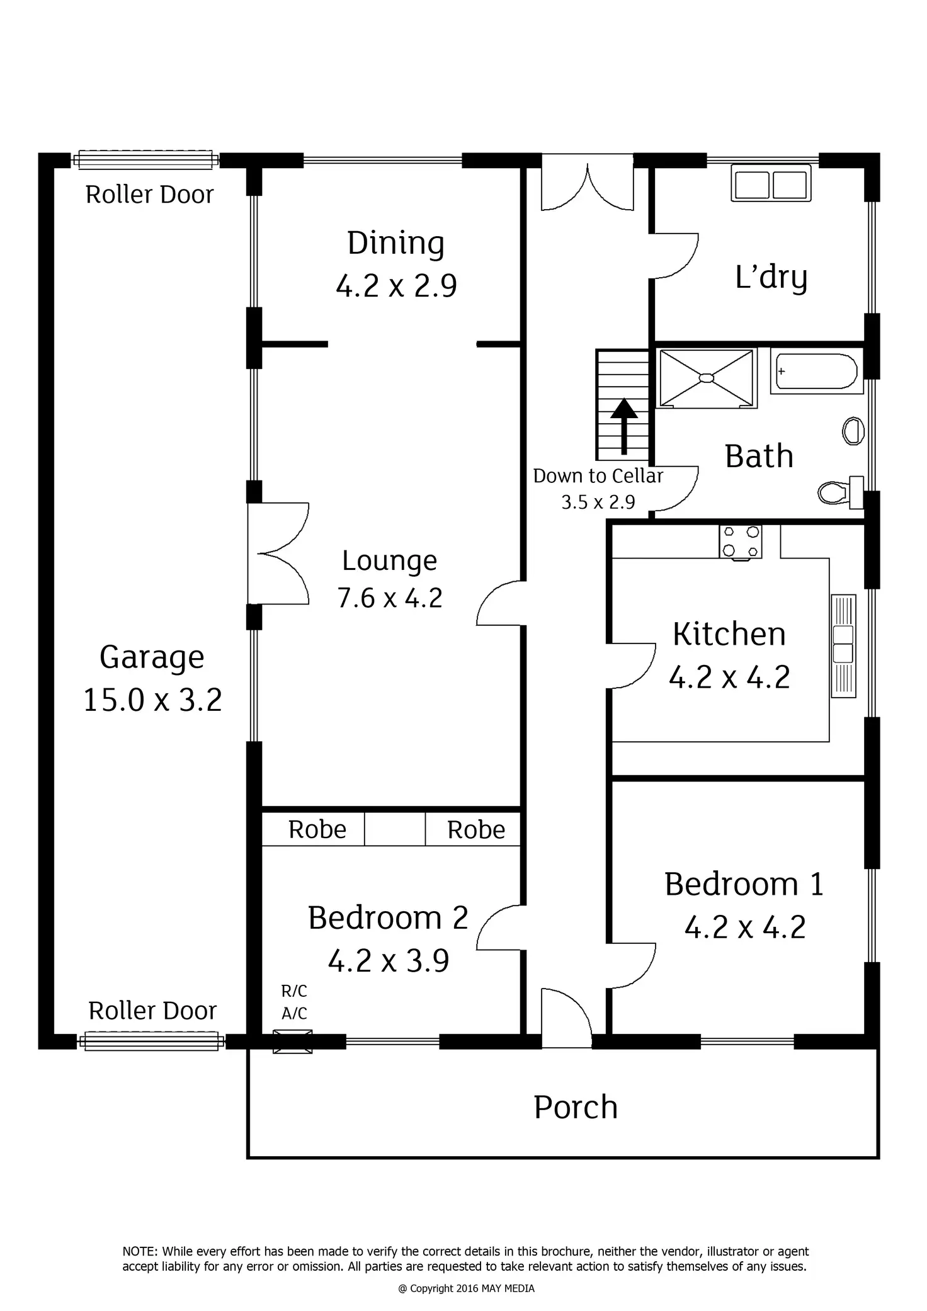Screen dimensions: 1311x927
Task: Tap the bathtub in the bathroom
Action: [x=816, y=372]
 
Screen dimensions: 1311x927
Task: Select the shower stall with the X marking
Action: [x=706, y=378]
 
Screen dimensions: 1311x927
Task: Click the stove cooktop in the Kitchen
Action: [x=741, y=542]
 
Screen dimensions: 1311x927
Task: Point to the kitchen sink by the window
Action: [x=843, y=645]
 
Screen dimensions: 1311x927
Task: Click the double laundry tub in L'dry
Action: [x=771, y=183]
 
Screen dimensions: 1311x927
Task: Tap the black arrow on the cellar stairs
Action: [x=624, y=424]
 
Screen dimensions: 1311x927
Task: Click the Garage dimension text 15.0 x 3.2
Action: [x=152, y=700]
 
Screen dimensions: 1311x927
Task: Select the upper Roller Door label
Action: [x=149, y=195]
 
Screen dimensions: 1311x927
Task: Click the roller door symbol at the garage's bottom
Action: [x=151, y=1041]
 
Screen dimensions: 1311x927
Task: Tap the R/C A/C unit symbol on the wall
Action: [x=293, y=1041]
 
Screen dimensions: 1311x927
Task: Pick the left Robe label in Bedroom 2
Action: [x=317, y=829]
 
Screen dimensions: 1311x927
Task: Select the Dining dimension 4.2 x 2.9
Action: [x=396, y=286]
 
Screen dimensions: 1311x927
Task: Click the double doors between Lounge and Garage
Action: [x=278, y=553]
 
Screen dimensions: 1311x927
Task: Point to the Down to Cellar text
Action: [x=598, y=476]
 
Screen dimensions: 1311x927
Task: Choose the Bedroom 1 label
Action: [x=744, y=884]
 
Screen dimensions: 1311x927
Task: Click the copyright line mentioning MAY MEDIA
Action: [x=466, y=1288]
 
